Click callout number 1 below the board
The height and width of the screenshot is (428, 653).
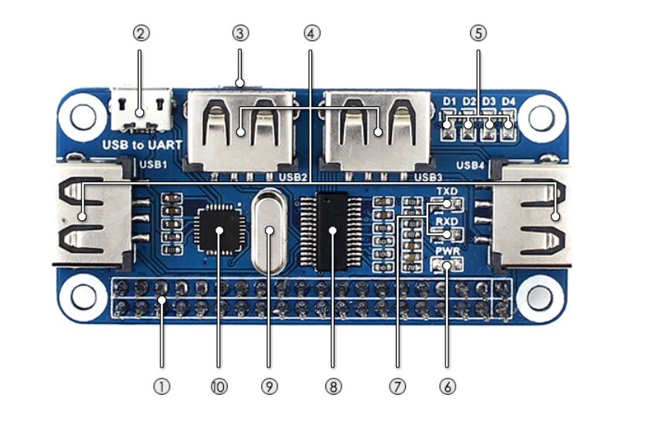pyautogui.click(x=161, y=386)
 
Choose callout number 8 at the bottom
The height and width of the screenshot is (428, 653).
pyautogui.click(x=333, y=386)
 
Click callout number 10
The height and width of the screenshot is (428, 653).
pyautogui.click(x=218, y=386)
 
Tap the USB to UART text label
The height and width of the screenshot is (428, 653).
pyautogui.click(x=143, y=144)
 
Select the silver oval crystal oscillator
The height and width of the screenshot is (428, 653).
pyautogui.click(x=269, y=231)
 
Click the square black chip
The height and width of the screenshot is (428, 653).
pyautogui.click(x=218, y=230)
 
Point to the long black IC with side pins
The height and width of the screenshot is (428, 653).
pyautogui.click(x=333, y=231)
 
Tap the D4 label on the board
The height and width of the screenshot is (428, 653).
pyautogui.click(x=508, y=102)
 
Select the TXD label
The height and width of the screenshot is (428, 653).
pyautogui.click(x=446, y=191)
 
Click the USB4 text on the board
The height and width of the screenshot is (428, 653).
pyautogui.click(x=470, y=165)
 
